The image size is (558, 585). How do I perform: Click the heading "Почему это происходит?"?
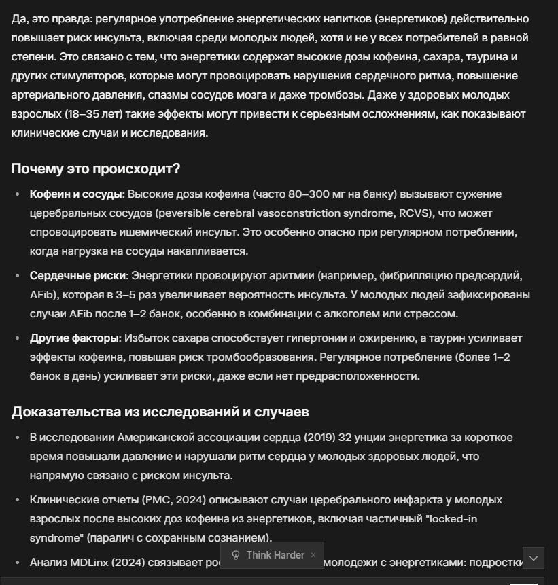(x=96, y=169)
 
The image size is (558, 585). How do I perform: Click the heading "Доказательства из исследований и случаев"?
(x=160, y=412)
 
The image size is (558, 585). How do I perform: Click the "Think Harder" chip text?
(x=275, y=555)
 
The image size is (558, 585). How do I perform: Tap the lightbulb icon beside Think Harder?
(x=236, y=555)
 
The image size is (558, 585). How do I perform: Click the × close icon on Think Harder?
(x=313, y=555)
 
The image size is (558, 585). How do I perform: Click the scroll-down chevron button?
(x=534, y=558)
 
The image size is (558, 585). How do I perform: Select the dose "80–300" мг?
(x=313, y=194)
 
